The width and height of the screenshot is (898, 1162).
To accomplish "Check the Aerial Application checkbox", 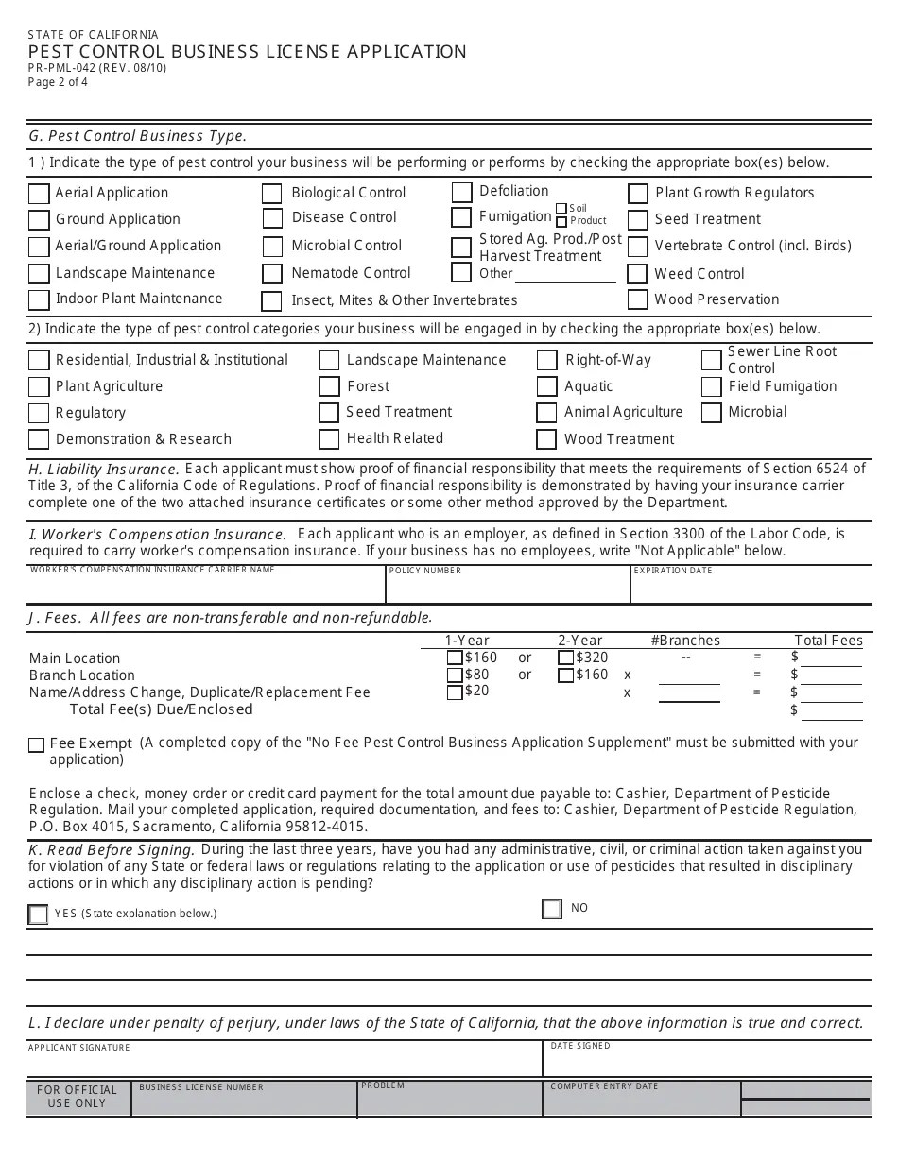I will click(39, 194).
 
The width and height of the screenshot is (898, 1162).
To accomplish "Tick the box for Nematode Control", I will click(272, 274).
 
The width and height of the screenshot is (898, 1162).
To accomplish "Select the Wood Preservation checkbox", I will click(637, 300).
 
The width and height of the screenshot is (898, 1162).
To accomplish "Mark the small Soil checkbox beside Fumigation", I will click(561, 209).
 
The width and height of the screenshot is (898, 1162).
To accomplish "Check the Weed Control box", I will click(637, 274).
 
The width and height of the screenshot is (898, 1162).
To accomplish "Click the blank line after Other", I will click(564, 275).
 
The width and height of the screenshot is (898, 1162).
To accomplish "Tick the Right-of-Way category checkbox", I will click(546, 361).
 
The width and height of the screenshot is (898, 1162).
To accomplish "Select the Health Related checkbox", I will click(329, 439).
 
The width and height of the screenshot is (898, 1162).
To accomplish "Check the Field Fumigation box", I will click(712, 386).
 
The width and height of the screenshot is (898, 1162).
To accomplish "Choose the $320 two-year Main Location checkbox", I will click(565, 658).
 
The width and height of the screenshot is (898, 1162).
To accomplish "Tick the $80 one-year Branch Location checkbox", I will click(455, 675).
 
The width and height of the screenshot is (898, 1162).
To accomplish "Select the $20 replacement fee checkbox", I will click(455, 692).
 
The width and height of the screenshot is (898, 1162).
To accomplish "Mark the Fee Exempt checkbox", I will click(37, 744).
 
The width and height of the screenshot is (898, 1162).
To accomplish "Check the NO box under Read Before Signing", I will click(552, 909).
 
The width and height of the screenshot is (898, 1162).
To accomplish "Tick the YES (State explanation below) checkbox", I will click(38, 914).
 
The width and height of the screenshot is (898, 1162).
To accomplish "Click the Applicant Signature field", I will click(284, 1064).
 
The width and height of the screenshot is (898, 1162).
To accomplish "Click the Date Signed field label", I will click(580, 1046).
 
